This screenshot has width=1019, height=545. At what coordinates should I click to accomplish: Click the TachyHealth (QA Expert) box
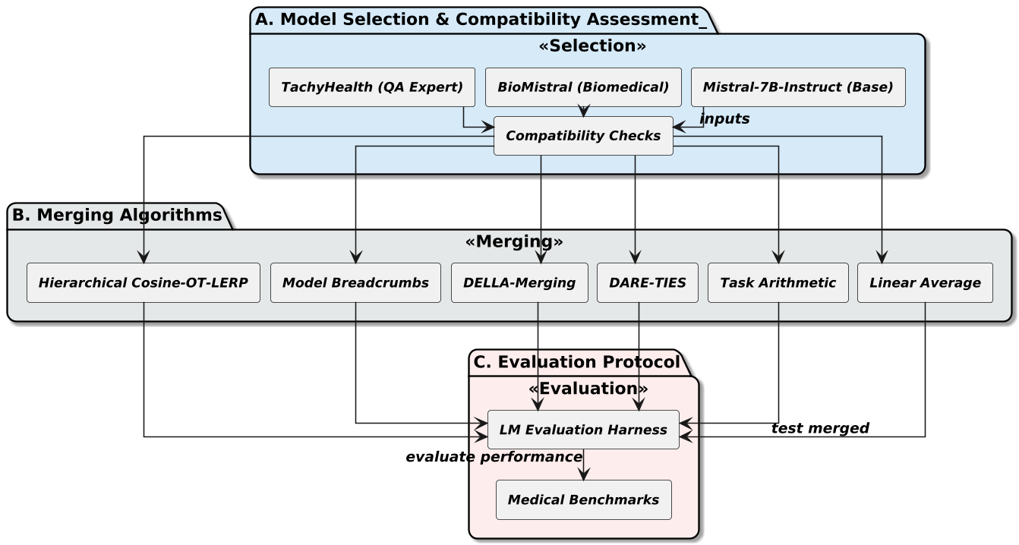click(x=372, y=87)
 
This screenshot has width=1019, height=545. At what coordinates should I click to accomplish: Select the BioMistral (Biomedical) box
click(x=583, y=87)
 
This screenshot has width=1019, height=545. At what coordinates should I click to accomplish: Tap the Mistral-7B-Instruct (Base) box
click(x=797, y=87)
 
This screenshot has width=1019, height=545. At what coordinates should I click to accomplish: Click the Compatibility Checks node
click(x=583, y=136)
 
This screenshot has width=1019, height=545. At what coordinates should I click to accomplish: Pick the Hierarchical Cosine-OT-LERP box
click(x=144, y=283)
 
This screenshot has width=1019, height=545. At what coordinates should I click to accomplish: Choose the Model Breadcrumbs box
click(x=355, y=283)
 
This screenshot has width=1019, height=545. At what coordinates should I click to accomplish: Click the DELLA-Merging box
click(x=519, y=283)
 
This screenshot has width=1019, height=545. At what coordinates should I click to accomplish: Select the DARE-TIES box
click(x=647, y=283)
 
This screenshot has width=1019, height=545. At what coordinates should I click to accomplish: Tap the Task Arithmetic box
click(x=778, y=283)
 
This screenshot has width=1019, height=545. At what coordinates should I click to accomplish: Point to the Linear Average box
click(x=925, y=283)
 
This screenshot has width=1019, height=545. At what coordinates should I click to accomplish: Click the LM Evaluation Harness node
click(x=583, y=430)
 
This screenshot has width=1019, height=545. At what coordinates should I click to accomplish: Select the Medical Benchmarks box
click(x=583, y=499)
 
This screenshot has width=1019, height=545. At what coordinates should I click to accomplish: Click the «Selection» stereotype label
click(x=592, y=46)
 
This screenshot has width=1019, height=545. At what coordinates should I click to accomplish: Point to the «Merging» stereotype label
click(x=514, y=241)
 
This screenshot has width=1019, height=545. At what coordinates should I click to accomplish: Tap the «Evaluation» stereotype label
click(x=588, y=389)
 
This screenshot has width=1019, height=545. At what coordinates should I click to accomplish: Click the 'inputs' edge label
click(x=724, y=119)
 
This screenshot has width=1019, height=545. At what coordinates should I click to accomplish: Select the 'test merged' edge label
click(x=820, y=428)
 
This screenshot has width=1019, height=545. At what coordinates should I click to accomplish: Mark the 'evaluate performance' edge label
click(x=494, y=457)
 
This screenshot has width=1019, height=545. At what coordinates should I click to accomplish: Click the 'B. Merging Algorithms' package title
click(x=118, y=216)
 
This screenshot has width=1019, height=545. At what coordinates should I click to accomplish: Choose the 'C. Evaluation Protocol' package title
click(x=576, y=363)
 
